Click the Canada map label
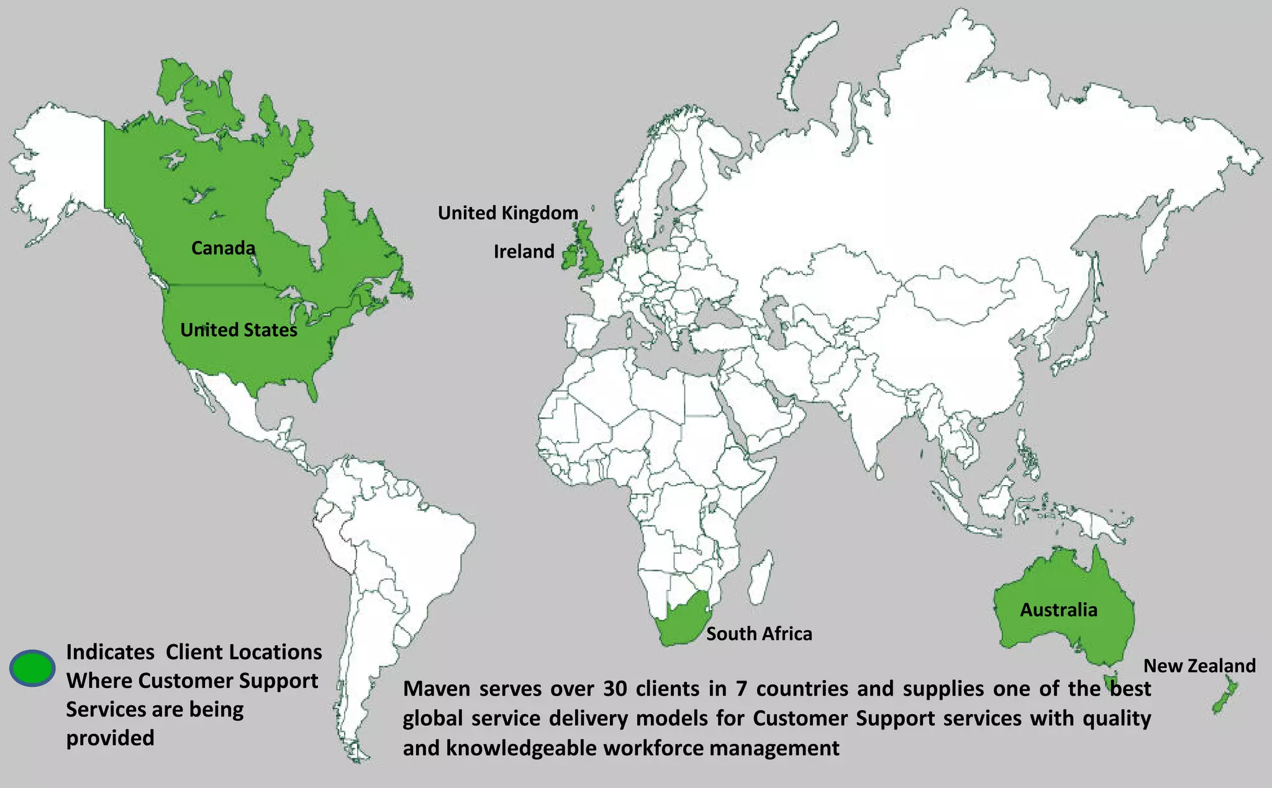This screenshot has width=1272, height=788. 223,248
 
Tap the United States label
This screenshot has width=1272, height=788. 238,330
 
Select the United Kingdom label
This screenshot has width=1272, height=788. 507,213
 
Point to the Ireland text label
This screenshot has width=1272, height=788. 524,251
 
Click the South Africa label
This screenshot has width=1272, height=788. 759,634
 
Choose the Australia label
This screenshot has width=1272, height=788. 1058,610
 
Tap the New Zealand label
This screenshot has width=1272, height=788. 1199,666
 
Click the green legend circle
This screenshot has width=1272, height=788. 32,668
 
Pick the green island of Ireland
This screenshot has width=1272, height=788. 570,257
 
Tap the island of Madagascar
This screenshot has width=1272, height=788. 760,577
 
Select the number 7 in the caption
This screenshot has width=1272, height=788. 741,689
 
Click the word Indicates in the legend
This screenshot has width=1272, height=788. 110,652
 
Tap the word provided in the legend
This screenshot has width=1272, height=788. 110,738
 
